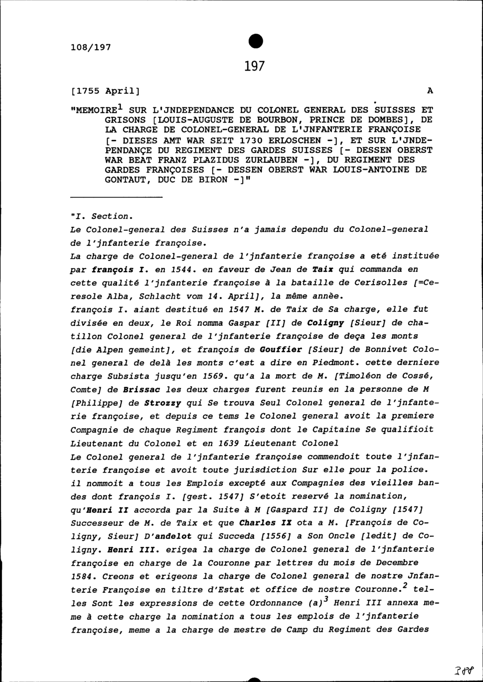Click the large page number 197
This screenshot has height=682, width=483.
pyautogui.click(x=255, y=66)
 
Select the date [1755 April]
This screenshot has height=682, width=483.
pyautogui.click(x=105, y=91)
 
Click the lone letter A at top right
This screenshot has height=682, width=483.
pyautogui.click(x=430, y=91)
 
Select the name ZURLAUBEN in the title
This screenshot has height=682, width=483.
pyautogui.click(x=271, y=160)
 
